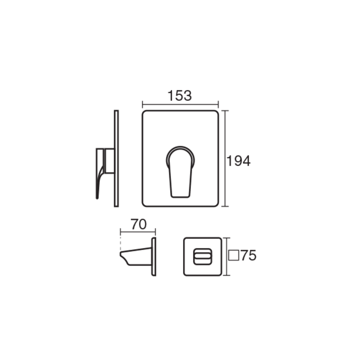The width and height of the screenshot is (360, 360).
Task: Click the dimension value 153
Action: point(180,95)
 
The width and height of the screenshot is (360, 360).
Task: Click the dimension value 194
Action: point(238,161)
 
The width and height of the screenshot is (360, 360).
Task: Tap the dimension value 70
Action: point(139,224)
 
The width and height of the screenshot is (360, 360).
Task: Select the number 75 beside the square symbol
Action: point(249,255)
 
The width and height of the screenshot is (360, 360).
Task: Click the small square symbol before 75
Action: point(234,255)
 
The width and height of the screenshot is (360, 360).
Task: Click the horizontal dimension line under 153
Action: point(180,105)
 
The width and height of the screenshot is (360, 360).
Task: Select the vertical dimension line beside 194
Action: point(225,158)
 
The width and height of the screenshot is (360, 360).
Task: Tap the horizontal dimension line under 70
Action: point(138,232)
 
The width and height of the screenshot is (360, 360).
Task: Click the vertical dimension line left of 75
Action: point(227,256)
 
